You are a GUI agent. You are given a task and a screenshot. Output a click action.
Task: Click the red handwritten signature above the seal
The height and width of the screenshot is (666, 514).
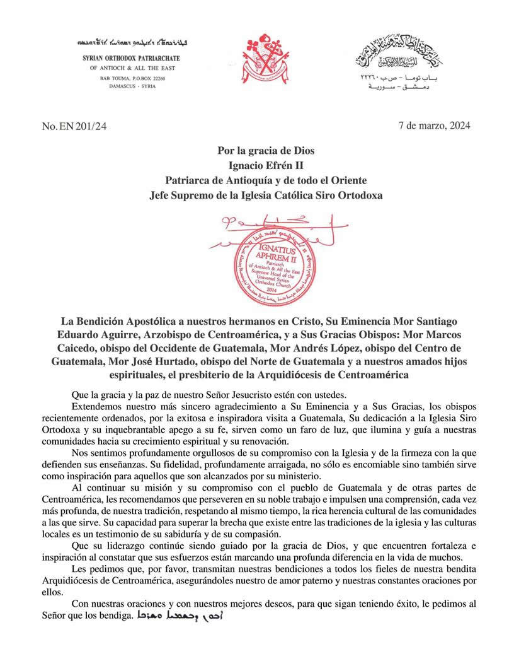[x=265, y=225]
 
